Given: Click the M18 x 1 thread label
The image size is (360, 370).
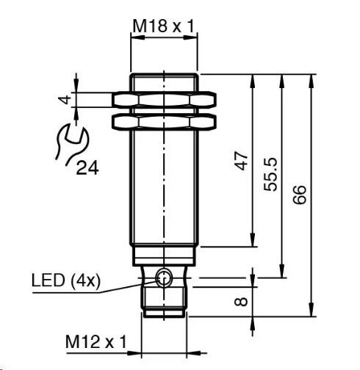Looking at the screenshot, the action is coord(164,26).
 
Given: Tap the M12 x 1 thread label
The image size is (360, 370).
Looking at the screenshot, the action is coord(96,341).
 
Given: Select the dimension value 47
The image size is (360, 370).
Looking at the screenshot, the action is coord(241,161).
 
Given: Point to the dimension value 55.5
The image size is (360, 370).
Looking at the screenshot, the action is coord(270,175).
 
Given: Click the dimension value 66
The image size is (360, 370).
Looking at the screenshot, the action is coord(300,195).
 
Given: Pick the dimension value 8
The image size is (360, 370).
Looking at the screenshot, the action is coord(241,302).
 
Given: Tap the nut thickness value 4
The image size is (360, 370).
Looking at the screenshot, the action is coord(65,100).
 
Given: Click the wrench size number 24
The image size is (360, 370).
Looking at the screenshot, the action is coord(87,167).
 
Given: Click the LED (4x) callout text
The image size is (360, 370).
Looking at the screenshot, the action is coord(66,280).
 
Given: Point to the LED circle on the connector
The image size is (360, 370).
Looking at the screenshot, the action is coord(164,277).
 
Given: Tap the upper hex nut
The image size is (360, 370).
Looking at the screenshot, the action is coord(164,100).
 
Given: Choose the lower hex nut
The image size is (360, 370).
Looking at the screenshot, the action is coord(164,122).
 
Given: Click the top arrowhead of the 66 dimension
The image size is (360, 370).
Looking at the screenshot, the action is coord(312,81).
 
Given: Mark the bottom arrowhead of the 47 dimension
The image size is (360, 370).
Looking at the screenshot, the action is coord(253,240).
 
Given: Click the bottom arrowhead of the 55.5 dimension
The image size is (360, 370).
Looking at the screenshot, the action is coord(282,271).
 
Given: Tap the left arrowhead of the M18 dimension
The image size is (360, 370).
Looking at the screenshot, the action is coord(138,37).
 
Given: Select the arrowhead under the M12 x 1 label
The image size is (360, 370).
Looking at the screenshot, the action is coord(134,353).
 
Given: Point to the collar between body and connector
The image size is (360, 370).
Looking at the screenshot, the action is coord(164,256).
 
